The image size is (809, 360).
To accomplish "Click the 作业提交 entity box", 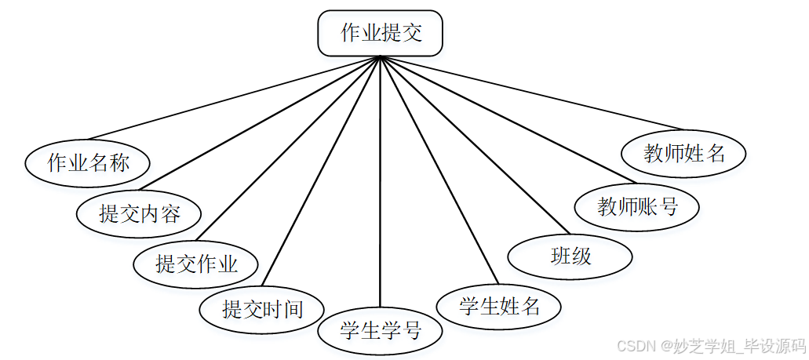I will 381,34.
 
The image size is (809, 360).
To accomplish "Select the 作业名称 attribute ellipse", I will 88,163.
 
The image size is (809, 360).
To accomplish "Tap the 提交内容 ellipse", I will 140,213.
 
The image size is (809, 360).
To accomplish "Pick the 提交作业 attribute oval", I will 196,264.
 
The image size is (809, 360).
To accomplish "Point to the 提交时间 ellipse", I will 262,308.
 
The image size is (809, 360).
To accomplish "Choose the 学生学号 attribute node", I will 381,330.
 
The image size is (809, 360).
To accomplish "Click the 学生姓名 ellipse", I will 499,305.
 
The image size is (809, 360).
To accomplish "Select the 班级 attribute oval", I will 570,256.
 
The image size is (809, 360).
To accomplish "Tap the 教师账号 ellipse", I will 637,206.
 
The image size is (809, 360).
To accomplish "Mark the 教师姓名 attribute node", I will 683,153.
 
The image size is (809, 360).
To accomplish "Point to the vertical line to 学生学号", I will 381,180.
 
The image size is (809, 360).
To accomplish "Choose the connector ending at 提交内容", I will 259,125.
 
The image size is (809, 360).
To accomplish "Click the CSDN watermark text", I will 710,345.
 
